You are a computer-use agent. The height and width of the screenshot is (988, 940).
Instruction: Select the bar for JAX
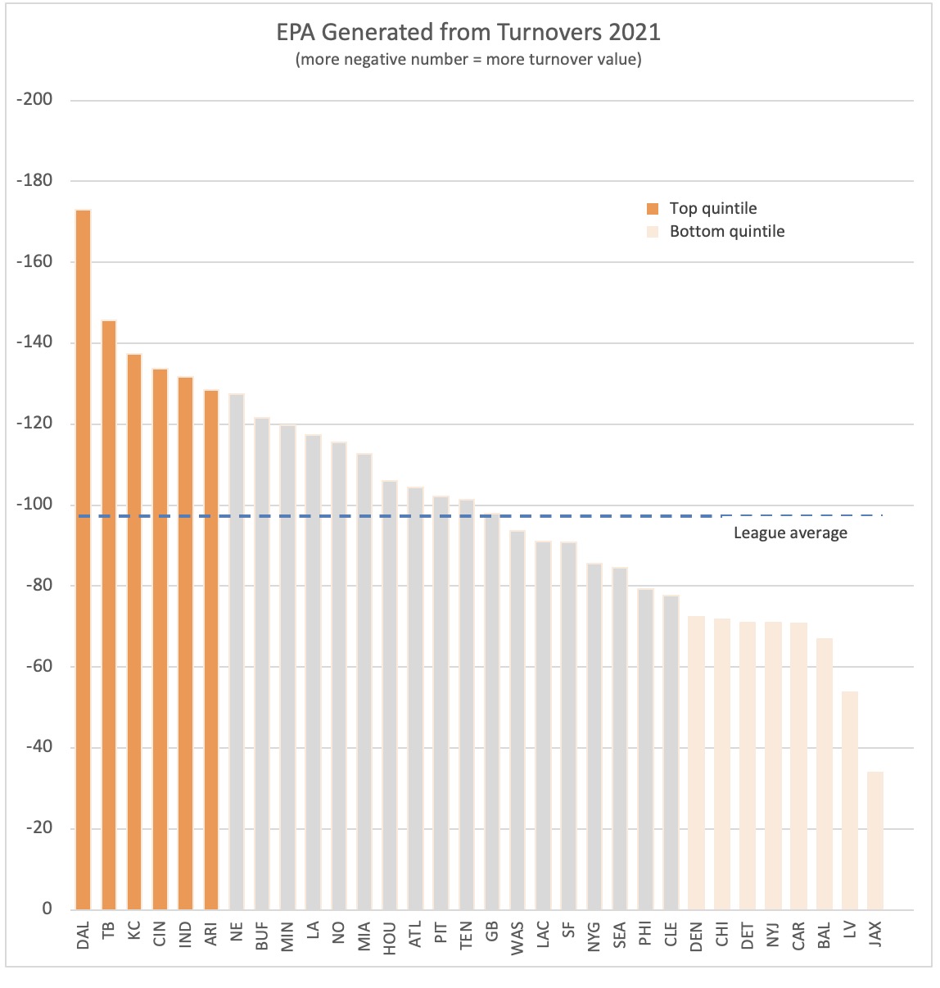875,841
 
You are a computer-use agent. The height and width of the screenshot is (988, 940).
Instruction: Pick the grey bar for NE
237,651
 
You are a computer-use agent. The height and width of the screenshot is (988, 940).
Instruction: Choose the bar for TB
108,614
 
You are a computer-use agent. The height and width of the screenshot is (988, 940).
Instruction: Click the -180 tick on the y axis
34,181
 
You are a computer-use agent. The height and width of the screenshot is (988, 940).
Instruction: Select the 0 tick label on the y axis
47,909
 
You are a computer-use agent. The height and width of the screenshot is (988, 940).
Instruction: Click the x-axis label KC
134,932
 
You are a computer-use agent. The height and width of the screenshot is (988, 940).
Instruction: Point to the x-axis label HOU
390,938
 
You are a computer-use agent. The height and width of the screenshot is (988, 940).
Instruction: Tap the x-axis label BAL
825,936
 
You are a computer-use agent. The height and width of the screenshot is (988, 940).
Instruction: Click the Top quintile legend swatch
653,209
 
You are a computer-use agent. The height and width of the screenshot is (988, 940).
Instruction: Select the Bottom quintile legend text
727,232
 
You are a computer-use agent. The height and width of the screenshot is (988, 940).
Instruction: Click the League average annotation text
790,533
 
